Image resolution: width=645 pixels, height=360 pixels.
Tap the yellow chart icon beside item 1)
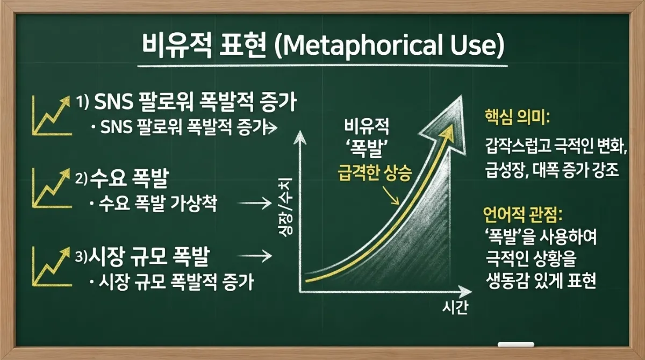(x=52, y=116)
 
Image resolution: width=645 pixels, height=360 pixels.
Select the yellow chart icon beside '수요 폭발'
(x=52, y=188)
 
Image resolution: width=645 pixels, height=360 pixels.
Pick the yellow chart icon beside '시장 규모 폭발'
(x=52, y=267)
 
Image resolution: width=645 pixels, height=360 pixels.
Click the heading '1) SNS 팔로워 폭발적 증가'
(x=186, y=102)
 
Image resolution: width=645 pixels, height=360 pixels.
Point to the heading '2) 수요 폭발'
(x=122, y=178)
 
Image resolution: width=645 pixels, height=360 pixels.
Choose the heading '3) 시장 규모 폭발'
(x=142, y=256)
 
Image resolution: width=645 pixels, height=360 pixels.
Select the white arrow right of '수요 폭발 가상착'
(x=254, y=203)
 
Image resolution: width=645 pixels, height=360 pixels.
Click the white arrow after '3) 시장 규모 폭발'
(x=254, y=256)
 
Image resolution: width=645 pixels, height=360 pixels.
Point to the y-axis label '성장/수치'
(x=285, y=207)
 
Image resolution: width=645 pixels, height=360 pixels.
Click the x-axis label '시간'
(x=455, y=307)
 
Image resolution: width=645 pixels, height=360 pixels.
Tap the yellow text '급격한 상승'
(x=375, y=173)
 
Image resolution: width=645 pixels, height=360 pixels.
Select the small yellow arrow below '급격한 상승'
(x=391, y=195)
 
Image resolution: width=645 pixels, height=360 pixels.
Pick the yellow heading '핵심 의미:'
(x=517, y=117)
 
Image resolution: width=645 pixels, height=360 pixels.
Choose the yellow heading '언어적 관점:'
(x=522, y=215)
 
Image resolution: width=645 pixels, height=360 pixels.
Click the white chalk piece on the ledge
(x=515, y=344)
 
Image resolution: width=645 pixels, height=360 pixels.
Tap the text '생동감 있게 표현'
(x=541, y=280)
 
